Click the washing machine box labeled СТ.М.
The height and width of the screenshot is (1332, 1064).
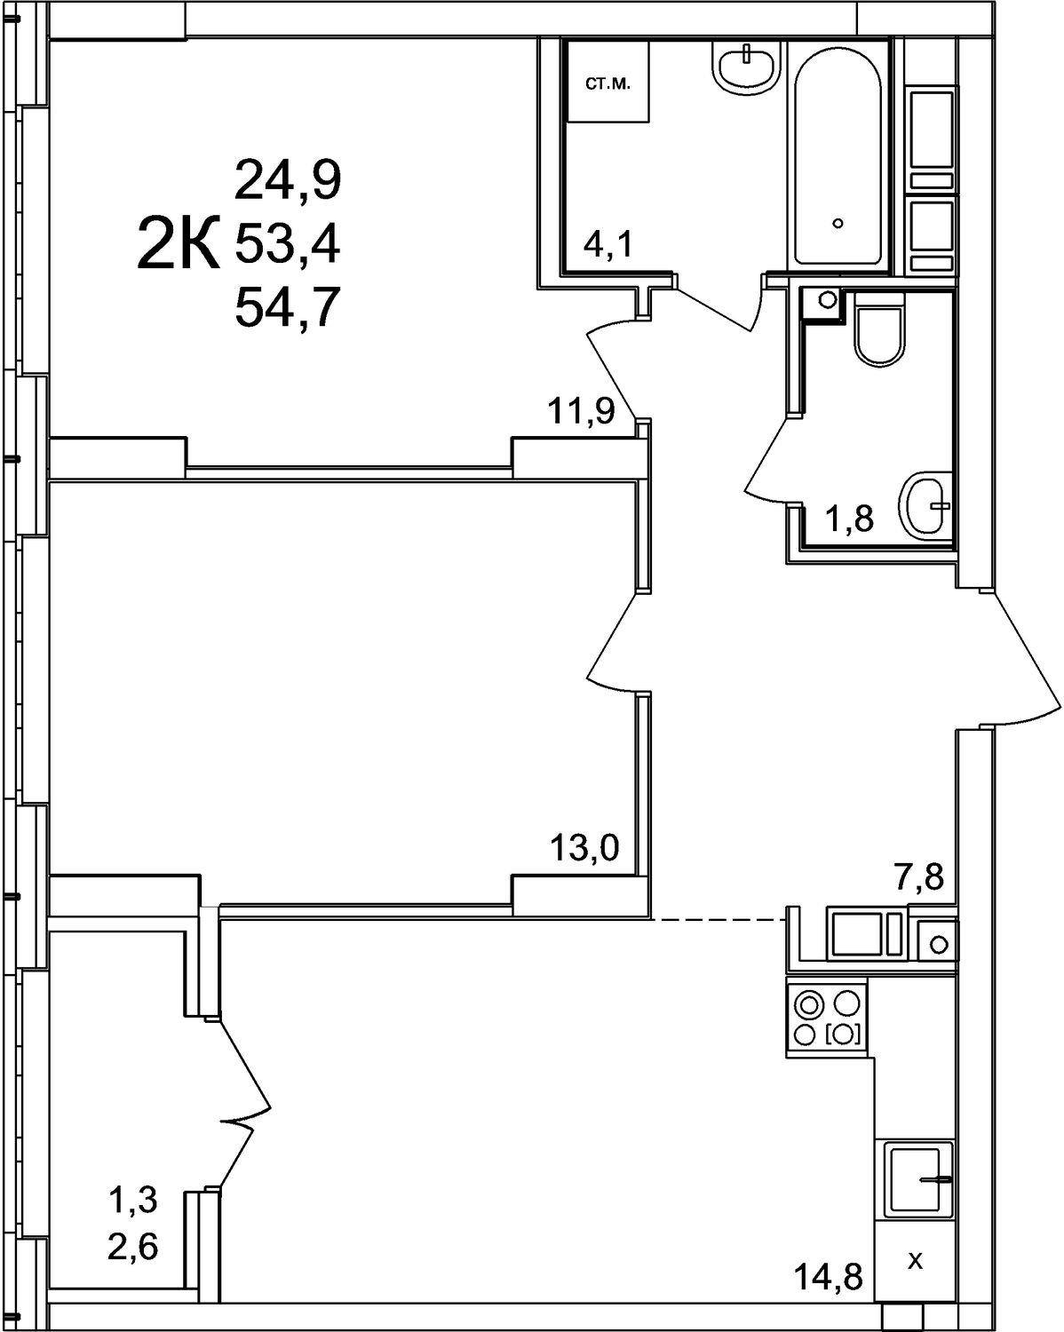point(608,81)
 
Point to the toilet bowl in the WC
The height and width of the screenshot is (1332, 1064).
point(877,329)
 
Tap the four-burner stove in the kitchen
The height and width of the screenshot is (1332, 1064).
point(827,1017)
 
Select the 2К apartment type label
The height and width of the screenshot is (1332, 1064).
point(178,243)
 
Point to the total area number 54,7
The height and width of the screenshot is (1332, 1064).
point(288,307)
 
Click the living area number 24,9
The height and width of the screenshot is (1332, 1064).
point(288,179)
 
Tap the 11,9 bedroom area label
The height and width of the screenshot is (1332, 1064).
point(581,409)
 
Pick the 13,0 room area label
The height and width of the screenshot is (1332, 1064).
point(584,847)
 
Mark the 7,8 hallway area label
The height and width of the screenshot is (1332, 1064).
point(920,876)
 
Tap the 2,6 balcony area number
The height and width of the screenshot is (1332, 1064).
point(133,1242)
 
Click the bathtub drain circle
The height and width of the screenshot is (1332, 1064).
point(838,224)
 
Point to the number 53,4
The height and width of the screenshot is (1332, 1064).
point(288,244)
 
